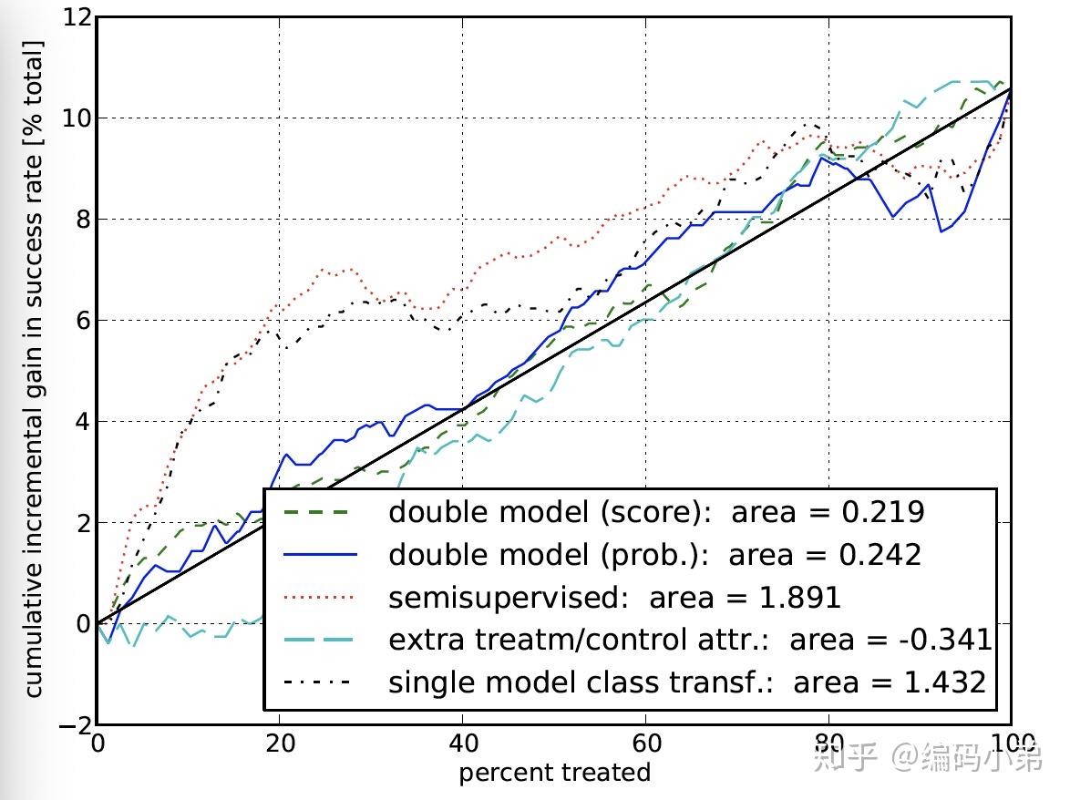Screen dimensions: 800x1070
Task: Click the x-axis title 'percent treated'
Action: click(554, 774)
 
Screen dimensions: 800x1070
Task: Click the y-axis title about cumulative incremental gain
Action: click(34, 368)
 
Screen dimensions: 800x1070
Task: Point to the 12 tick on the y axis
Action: click(77, 18)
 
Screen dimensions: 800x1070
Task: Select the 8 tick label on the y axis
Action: click(82, 220)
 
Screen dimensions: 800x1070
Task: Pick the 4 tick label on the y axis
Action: click(82, 422)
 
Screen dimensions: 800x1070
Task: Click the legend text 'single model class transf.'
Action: click(581, 682)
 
